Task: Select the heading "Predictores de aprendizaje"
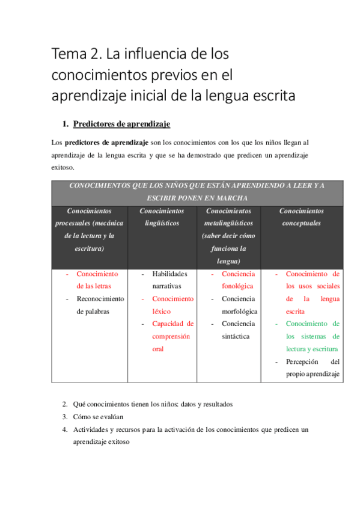[x=121, y=124]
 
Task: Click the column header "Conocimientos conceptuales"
[x=301, y=217]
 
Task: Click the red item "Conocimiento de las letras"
[x=97, y=280]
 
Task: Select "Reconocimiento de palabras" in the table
[x=100, y=305]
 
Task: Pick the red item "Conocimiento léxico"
[x=172, y=305]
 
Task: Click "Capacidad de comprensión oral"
[x=172, y=336]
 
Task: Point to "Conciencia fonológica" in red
[x=238, y=280]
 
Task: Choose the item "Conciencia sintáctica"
[x=238, y=330]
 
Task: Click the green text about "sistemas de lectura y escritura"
[x=312, y=336]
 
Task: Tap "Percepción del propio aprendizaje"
[x=312, y=367]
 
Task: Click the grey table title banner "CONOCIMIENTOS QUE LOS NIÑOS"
[x=197, y=192]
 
